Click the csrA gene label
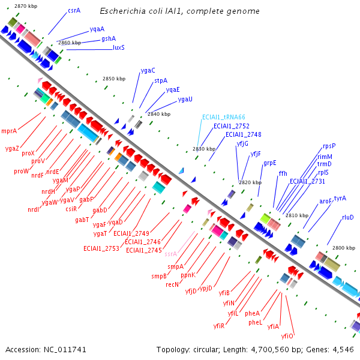pyautogui.click(x=74, y=10)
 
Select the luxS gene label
pyautogui.click(x=118, y=47)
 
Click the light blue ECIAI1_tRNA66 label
pyautogui.click(x=223, y=117)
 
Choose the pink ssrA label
pyautogui.click(x=170, y=254)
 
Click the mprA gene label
pyautogui.click(x=9, y=130)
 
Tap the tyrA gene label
pyautogui.click(x=340, y=198)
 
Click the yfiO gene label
pyautogui.click(x=287, y=336)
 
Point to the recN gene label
pyautogui.click(x=172, y=285)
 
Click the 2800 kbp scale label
pyautogui.click(x=344, y=247)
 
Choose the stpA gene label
pyautogui.click(x=161, y=80)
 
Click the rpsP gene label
pyautogui.click(x=329, y=146)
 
